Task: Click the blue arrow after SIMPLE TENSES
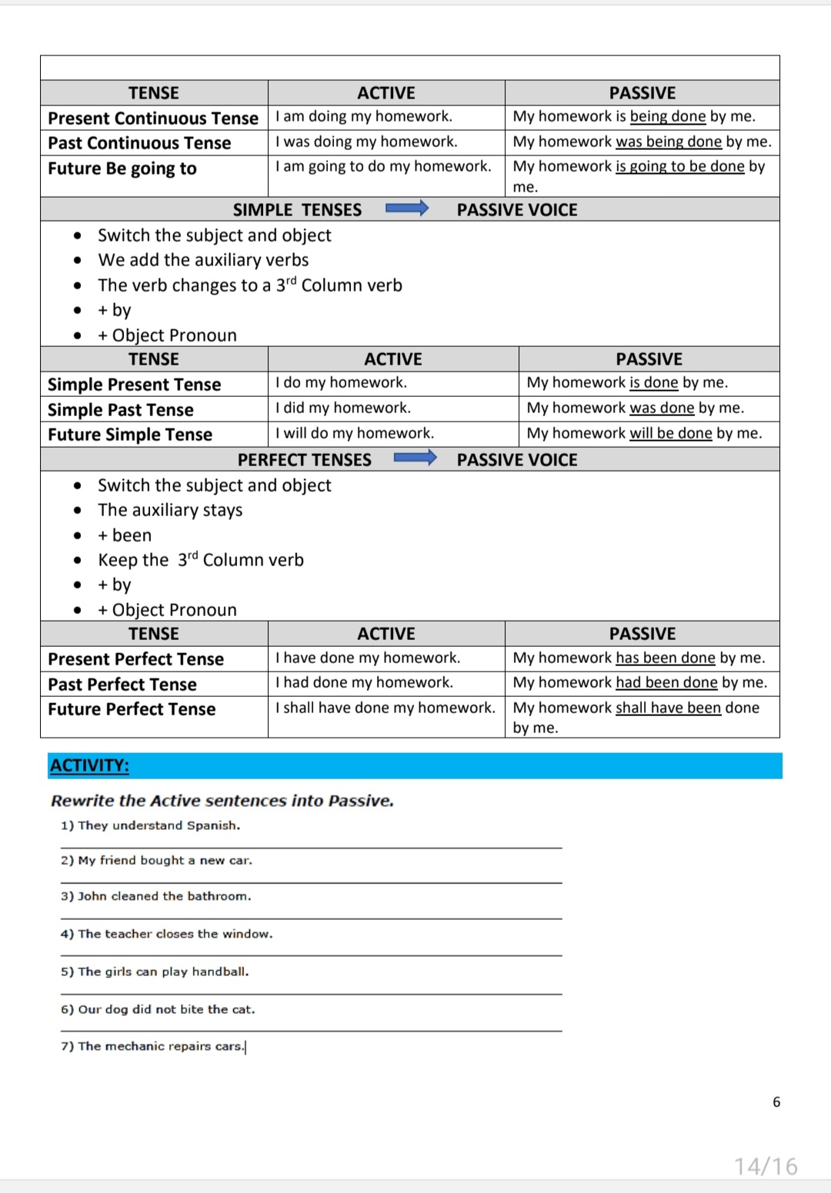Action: point(406,208)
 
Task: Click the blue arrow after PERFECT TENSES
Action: point(415,458)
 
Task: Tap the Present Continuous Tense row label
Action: point(153,118)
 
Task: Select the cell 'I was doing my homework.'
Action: point(366,142)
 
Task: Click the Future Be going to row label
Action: point(122,168)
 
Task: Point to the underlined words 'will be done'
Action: point(671,433)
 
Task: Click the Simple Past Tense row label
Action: point(121,409)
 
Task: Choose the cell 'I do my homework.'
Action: point(342,382)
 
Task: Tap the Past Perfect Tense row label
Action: point(122,684)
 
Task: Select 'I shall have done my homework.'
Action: point(385,708)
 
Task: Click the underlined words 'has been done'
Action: point(666,658)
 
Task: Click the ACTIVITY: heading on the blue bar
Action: point(90,765)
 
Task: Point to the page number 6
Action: point(776,1102)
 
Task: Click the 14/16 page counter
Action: point(766,1166)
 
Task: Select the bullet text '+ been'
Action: point(125,535)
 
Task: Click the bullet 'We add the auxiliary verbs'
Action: point(203,260)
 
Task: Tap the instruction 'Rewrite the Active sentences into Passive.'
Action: point(222,801)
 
